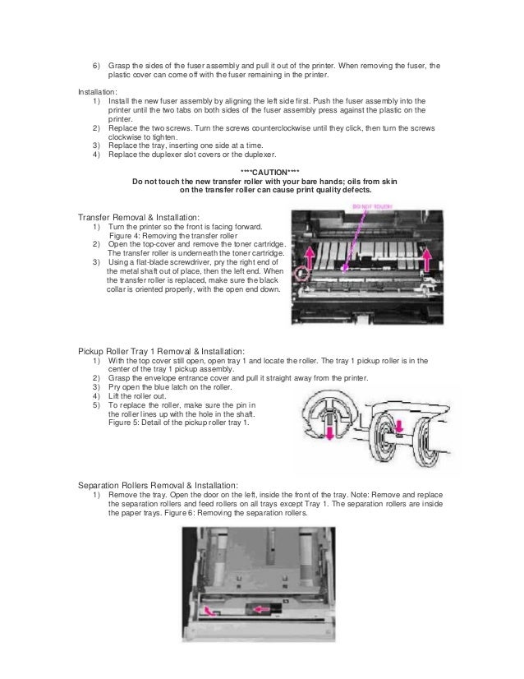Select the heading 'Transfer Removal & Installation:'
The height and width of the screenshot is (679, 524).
coord(138,217)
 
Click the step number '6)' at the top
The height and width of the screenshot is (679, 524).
coord(94,65)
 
